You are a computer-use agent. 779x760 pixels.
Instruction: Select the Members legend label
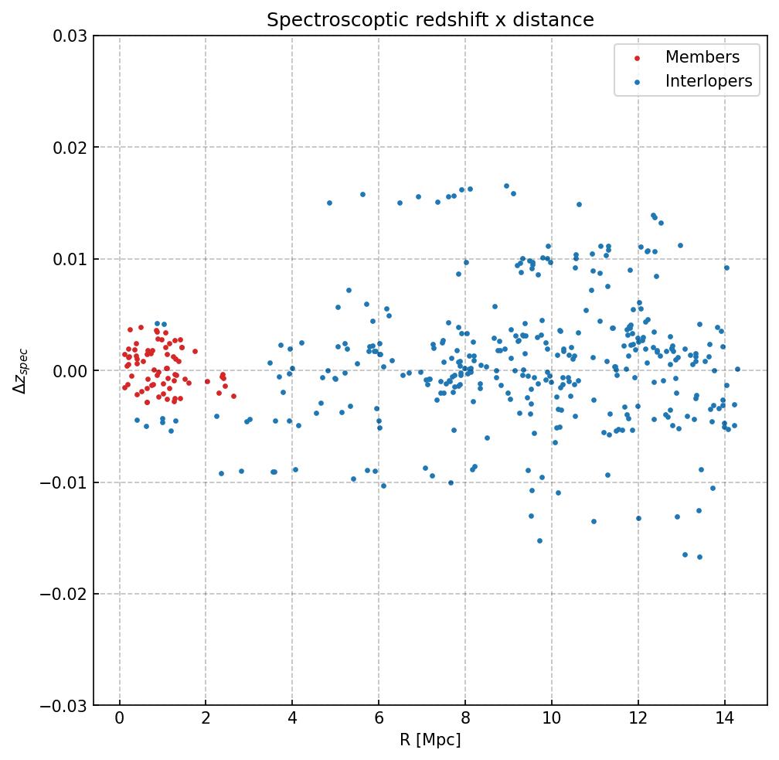click(x=702, y=57)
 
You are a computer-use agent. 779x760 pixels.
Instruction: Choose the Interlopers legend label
click(x=708, y=81)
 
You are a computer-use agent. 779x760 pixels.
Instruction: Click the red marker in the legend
click(x=635, y=58)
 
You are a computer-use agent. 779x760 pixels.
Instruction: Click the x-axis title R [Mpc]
click(x=430, y=741)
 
